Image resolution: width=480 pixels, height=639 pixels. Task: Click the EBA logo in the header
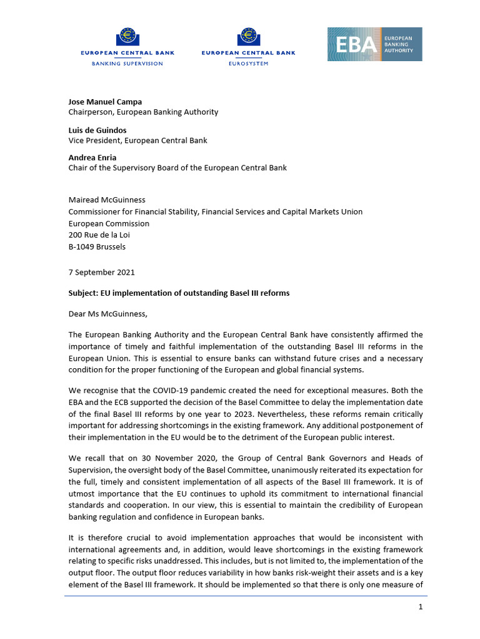tap(374, 44)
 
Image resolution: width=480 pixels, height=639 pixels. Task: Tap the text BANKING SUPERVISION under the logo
tap(127, 64)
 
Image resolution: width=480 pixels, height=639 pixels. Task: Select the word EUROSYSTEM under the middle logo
tap(249, 64)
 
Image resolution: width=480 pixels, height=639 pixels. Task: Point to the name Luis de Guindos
tap(97, 130)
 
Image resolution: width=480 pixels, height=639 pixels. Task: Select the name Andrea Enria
tap(92, 158)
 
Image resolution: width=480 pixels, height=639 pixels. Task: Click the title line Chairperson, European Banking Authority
tap(143, 112)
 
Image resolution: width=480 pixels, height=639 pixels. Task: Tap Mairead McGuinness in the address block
tap(107, 200)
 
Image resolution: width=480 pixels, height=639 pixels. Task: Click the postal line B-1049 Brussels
tap(97, 246)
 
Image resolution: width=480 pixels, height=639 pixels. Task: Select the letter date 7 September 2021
tap(101, 272)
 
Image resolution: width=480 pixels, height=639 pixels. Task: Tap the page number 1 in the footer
tap(421, 607)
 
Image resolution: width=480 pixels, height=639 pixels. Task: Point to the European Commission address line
tap(109, 223)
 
